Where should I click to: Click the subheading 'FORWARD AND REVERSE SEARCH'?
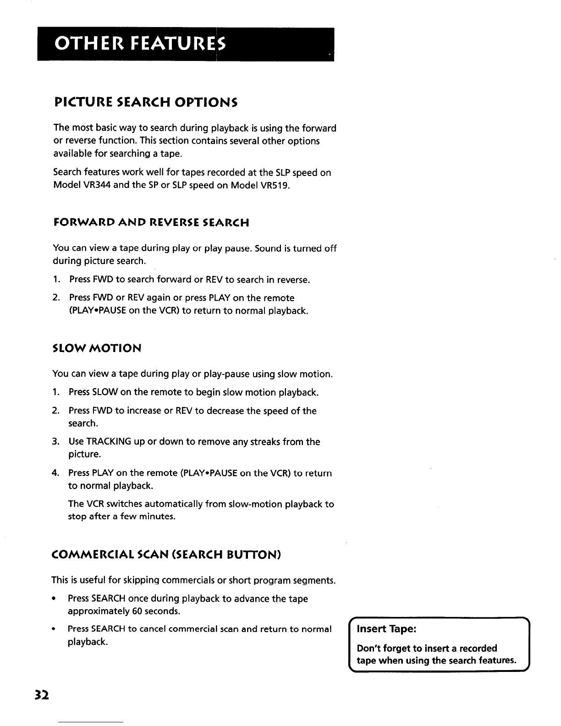(151, 223)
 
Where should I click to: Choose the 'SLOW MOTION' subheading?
(97, 348)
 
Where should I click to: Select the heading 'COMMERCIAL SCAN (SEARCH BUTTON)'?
(166, 555)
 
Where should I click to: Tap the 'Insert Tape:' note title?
(386, 629)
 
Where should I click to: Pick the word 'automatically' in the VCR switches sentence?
(174, 504)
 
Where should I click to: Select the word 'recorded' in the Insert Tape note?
(478, 648)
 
